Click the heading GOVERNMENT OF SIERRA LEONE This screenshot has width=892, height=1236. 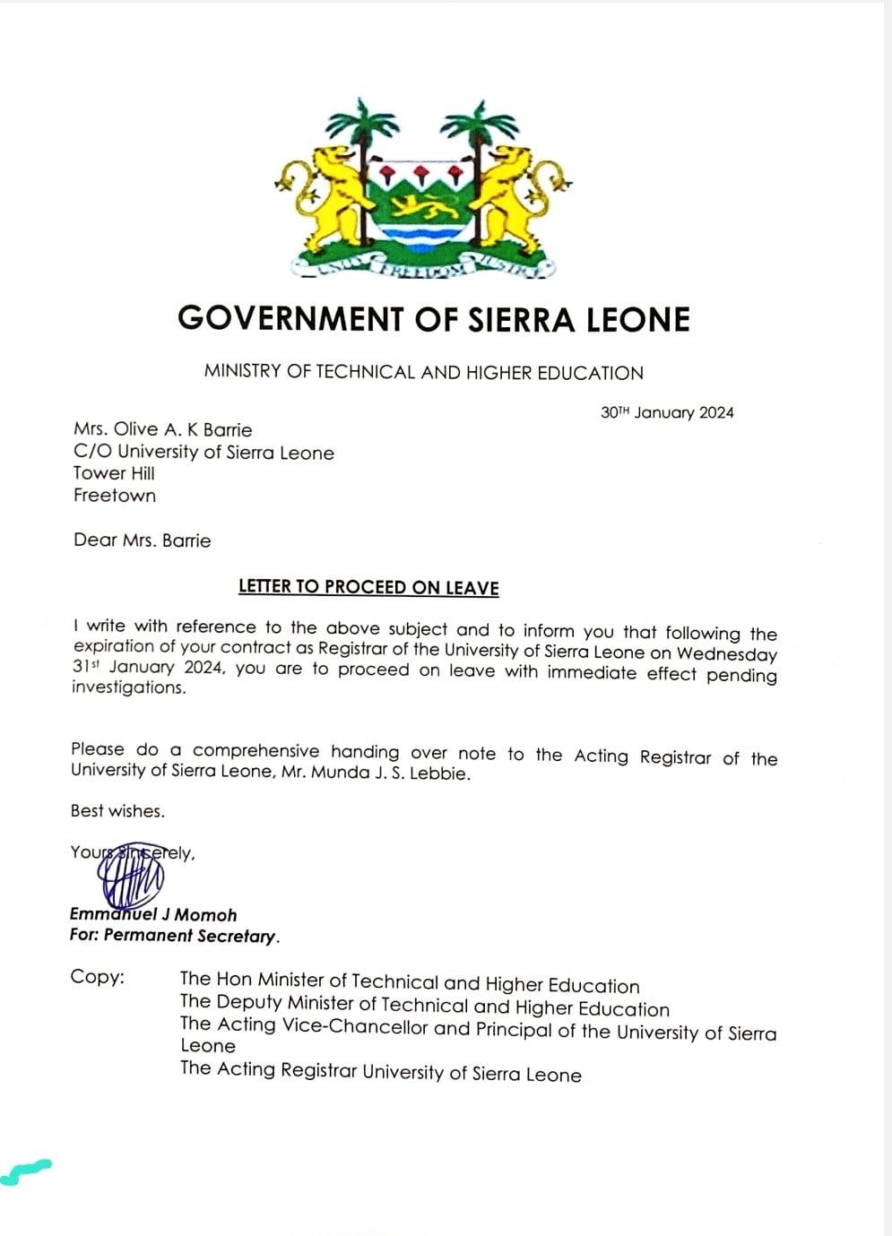pyautogui.click(x=434, y=319)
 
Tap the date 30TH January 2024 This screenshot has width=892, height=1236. pyautogui.click(x=667, y=412)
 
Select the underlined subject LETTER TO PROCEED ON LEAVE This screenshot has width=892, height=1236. pyautogui.click(x=368, y=587)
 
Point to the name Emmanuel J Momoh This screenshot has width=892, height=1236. pyautogui.click(x=153, y=915)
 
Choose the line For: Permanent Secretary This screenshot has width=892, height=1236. pyautogui.click(x=175, y=936)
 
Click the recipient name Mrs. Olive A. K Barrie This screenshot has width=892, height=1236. pyautogui.click(x=162, y=429)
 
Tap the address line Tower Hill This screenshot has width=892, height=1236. pyautogui.click(x=114, y=473)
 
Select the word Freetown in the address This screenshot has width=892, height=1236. pyautogui.click(x=115, y=496)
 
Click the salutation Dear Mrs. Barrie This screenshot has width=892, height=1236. pyautogui.click(x=143, y=540)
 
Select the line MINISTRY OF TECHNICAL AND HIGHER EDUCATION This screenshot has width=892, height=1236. pyautogui.click(x=423, y=372)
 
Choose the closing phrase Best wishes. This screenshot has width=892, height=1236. pyautogui.click(x=117, y=811)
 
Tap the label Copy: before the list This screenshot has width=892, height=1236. pyautogui.click(x=97, y=977)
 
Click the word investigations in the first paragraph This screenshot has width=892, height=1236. pyautogui.click(x=129, y=687)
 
